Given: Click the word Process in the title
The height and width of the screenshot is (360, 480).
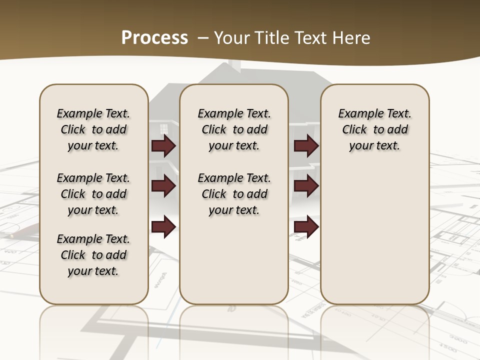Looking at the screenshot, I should click(x=154, y=37).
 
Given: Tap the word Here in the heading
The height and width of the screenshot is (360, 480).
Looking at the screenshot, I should click(x=351, y=38).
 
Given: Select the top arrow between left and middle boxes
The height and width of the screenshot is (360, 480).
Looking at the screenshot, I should click(x=163, y=145).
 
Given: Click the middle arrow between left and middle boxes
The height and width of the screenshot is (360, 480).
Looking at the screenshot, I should click(x=163, y=186).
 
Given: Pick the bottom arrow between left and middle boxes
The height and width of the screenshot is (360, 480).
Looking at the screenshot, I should click(x=163, y=226).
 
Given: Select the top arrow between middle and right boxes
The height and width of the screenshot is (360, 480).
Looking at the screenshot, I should click(x=306, y=145).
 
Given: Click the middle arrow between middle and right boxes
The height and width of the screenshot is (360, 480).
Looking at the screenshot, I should click(x=306, y=186).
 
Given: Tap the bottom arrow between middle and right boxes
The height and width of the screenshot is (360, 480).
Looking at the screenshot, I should click(x=306, y=226).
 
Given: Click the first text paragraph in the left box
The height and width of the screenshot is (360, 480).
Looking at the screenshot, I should click(x=93, y=129).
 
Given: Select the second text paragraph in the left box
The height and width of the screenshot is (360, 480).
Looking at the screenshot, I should click(x=93, y=194).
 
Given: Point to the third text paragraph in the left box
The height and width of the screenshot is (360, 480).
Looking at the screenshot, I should click(x=93, y=255).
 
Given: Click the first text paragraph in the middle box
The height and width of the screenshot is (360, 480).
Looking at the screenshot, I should click(x=234, y=129).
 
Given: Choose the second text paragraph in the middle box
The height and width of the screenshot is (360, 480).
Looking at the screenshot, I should click(x=234, y=194).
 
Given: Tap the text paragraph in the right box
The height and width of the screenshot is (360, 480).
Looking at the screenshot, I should click(x=374, y=129).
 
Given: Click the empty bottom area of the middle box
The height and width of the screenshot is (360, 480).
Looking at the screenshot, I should click(x=234, y=265).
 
